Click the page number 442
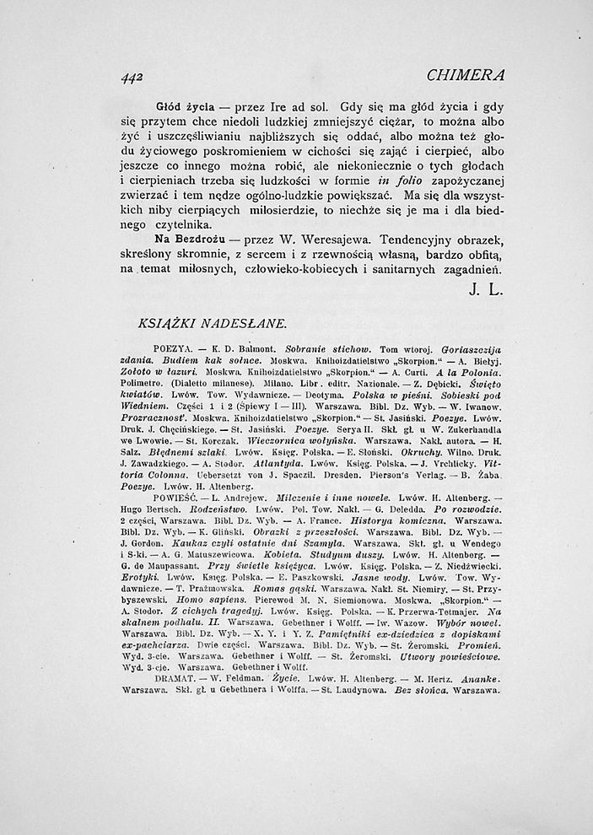pyautogui.click(x=132, y=74)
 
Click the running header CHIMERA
pyautogui.click(x=466, y=74)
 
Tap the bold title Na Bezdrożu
pyautogui.click(x=189, y=240)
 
